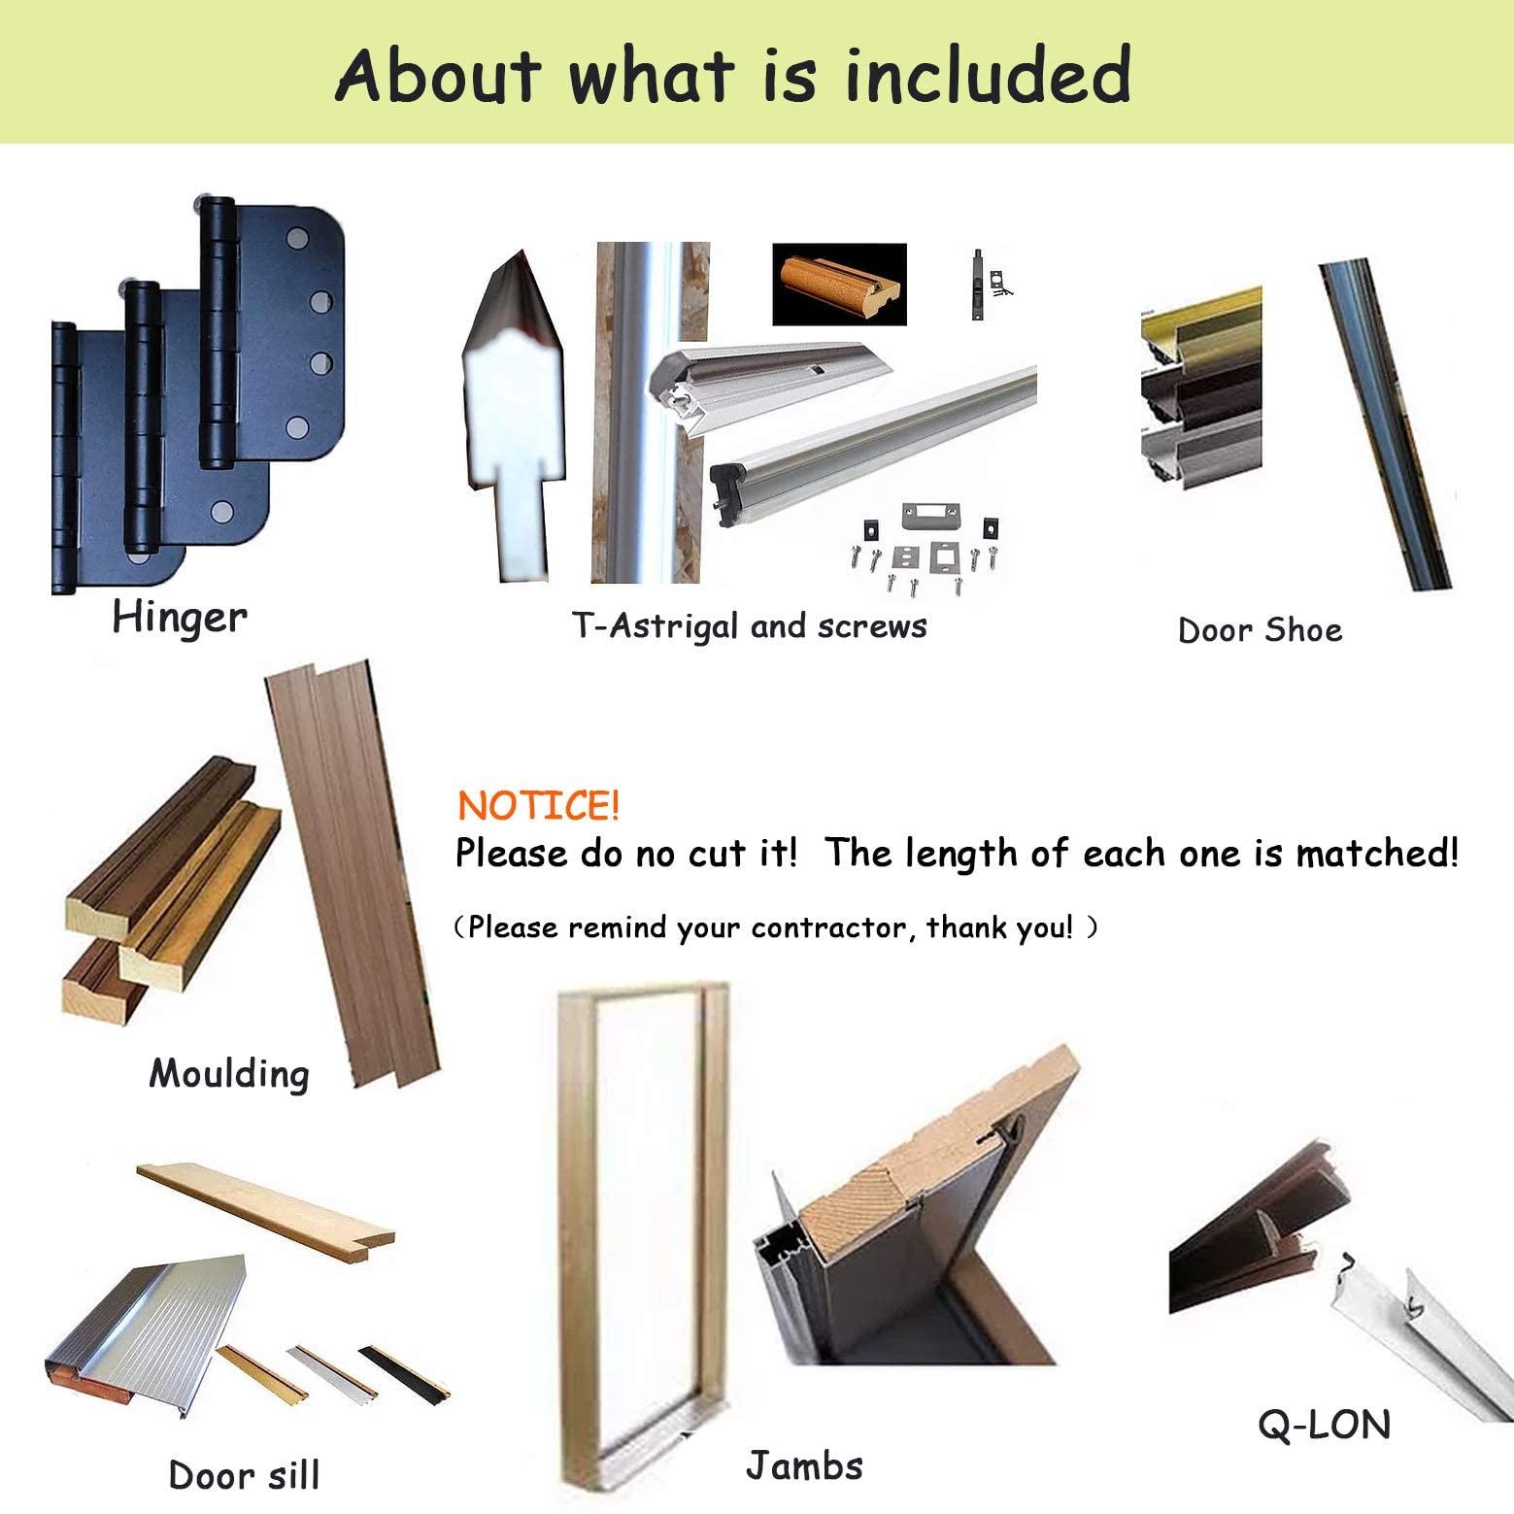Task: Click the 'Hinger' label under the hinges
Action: [x=180, y=618]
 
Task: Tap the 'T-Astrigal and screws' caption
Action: [x=749, y=626]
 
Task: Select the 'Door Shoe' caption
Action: [x=1260, y=630]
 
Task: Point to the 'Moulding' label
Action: [x=229, y=1074]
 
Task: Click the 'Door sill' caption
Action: [x=244, y=1474]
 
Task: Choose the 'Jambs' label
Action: [x=804, y=1465]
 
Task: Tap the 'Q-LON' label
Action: [x=1325, y=1425]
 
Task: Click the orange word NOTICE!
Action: [x=538, y=806]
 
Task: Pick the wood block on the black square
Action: [x=839, y=282]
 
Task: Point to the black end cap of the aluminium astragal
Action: [x=728, y=488]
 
